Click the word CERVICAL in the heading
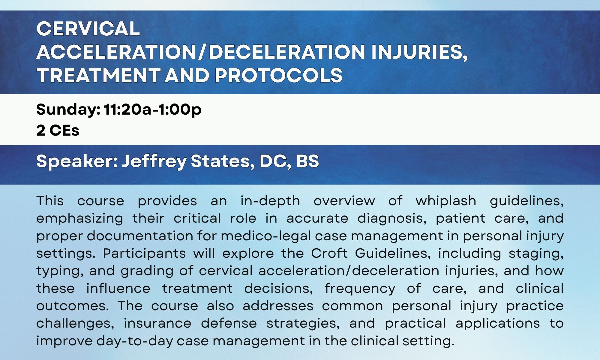coord(88,29)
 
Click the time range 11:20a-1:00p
coord(152,110)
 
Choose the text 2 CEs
coord(58,130)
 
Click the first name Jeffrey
coord(154,161)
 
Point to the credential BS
coord(307,161)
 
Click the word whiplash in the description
coord(446,201)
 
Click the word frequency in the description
coord(360,289)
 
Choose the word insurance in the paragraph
coord(157,323)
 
